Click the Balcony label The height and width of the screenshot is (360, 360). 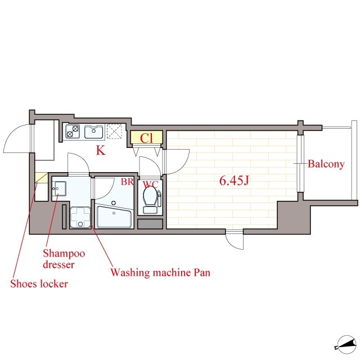pos(326,164)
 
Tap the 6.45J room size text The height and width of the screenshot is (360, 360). pos(234,181)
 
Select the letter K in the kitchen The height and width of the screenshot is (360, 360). pos(101,150)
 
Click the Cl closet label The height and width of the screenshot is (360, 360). pos(146,138)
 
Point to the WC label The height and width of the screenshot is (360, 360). pos(151,184)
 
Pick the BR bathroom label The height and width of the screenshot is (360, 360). pos(127,182)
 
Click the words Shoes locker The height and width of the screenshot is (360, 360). pos(39,283)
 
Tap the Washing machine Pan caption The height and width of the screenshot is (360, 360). pos(160,272)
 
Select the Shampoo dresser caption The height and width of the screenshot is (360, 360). pos(64,259)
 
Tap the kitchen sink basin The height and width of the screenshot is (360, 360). pos(93,132)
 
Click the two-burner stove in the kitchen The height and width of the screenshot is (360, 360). pos(73,132)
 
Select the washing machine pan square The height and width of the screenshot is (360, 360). pos(80,218)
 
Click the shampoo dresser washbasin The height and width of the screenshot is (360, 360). pos(60,188)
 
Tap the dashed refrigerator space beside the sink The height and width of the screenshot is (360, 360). pos(114,131)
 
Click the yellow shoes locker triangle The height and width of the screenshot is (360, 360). pos(41,178)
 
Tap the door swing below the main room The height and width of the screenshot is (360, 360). pos(234,240)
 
